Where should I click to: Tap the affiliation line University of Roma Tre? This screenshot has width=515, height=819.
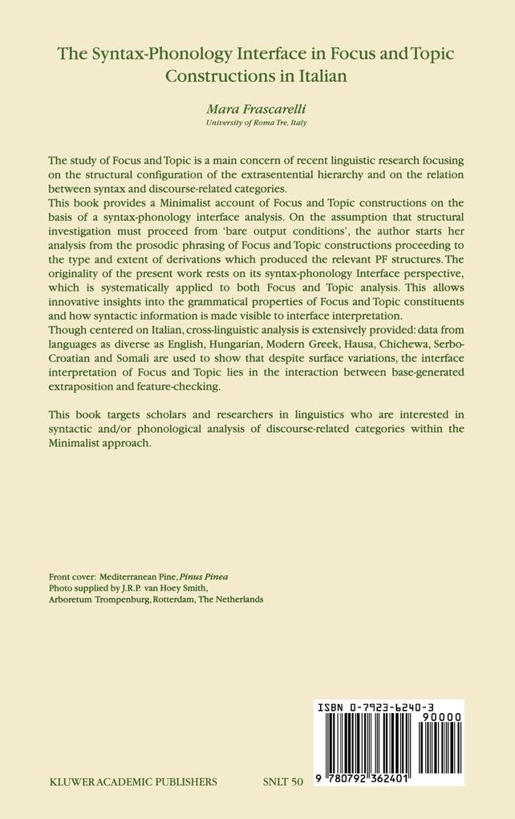pyautogui.click(x=257, y=124)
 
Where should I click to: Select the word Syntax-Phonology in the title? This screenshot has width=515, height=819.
pyautogui.click(x=150, y=54)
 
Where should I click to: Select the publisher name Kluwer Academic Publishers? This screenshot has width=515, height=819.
pyautogui.click(x=132, y=780)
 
